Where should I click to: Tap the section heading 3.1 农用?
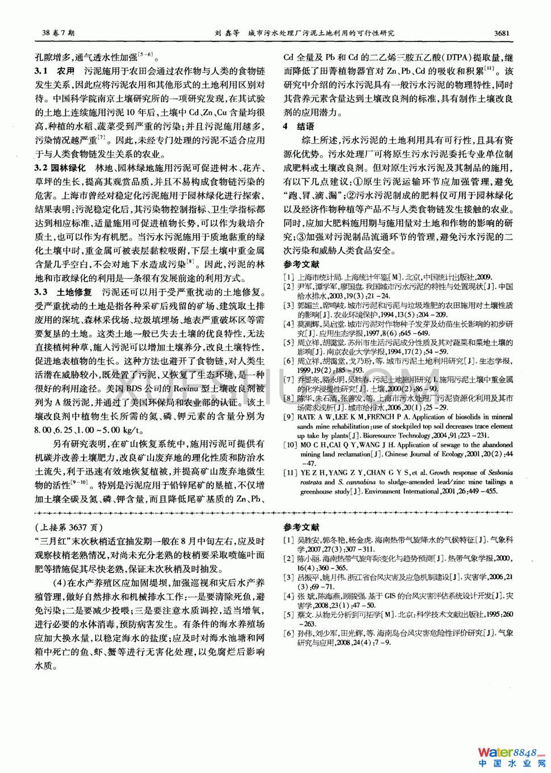pyautogui.click(x=55, y=71)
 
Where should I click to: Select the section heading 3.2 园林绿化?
pyautogui.click(x=60, y=168)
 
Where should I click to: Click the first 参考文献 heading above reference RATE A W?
pyautogui.click(x=302, y=265)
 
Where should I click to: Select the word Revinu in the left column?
pyautogui.click(x=186, y=388)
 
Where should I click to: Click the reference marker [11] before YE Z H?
pyautogui.click(x=290, y=473)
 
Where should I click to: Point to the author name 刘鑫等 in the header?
pyautogui.click(x=227, y=33)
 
